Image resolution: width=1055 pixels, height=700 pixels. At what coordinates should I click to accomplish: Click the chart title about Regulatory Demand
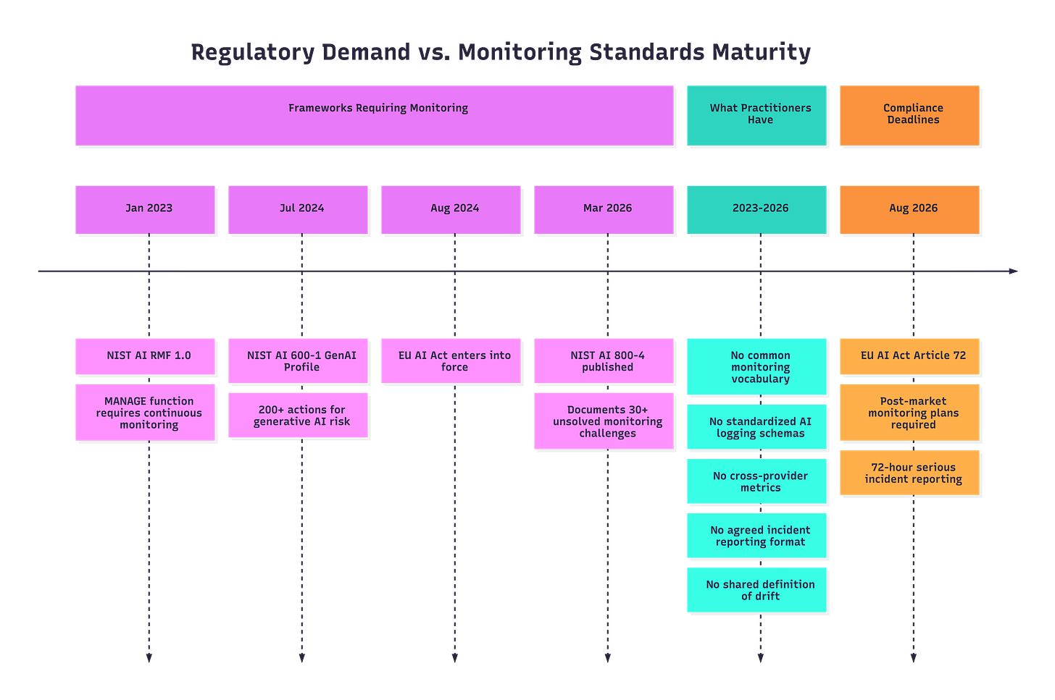[501, 52]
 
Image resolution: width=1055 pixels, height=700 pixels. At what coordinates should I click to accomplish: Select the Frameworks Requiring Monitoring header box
[374, 114]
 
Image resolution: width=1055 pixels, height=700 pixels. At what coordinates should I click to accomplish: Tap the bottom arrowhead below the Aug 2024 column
[454, 657]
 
